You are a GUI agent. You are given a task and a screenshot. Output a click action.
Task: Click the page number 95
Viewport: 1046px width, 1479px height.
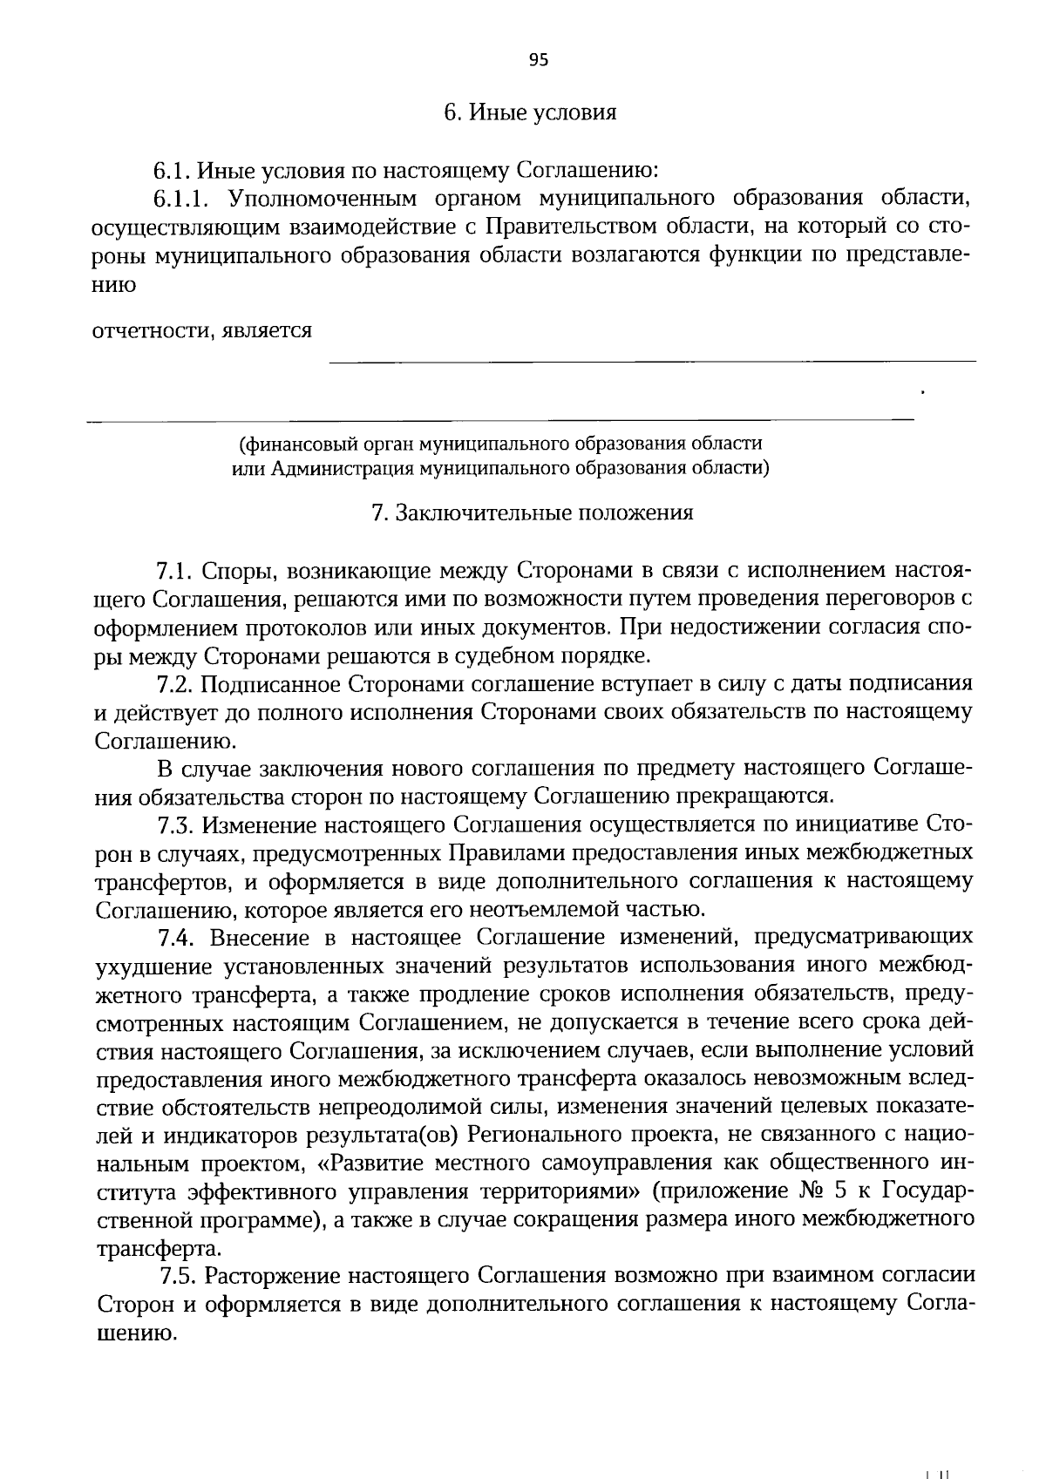538,60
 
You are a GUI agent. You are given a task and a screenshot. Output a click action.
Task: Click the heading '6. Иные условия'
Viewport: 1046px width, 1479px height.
530,113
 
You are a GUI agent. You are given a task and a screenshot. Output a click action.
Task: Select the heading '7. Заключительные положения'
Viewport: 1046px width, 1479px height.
532,513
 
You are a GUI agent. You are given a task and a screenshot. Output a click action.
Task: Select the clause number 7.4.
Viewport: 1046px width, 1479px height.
176,938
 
